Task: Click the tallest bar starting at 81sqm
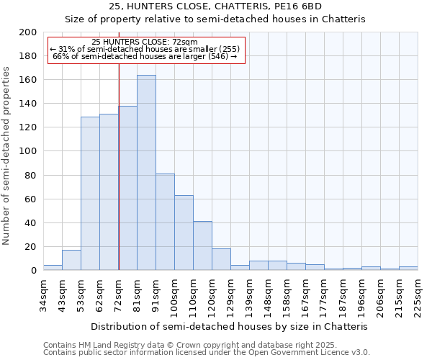click(146, 173)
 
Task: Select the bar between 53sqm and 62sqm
click(90, 193)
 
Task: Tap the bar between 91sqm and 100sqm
click(165, 222)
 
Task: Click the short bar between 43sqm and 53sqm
click(71, 260)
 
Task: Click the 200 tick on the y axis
click(28, 32)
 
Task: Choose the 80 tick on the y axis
click(31, 175)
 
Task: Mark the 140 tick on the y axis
click(28, 104)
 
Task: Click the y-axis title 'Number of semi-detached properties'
click(7, 156)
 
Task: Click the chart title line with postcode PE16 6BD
click(215, 6)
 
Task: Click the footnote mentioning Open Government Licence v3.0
click(207, 353)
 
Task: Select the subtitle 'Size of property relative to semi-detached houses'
click(215, 19)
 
